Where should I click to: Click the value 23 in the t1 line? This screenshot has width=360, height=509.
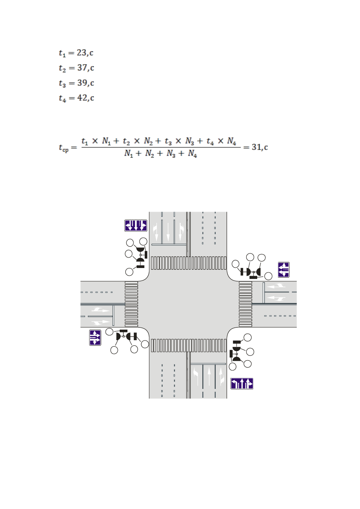(81, 52)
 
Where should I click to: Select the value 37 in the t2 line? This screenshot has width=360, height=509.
(82, 67)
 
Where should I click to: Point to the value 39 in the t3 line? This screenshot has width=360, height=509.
(82, 83)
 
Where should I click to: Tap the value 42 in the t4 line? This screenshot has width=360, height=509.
(82, 98)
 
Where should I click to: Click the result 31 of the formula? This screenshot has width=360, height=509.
(256, 147)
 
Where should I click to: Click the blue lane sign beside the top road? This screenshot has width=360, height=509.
(136, 226)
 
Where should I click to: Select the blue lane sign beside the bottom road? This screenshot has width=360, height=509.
(242, 384)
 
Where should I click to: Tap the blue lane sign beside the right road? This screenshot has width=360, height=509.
(283, 270)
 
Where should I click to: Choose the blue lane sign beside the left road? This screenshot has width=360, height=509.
(95, 338)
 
